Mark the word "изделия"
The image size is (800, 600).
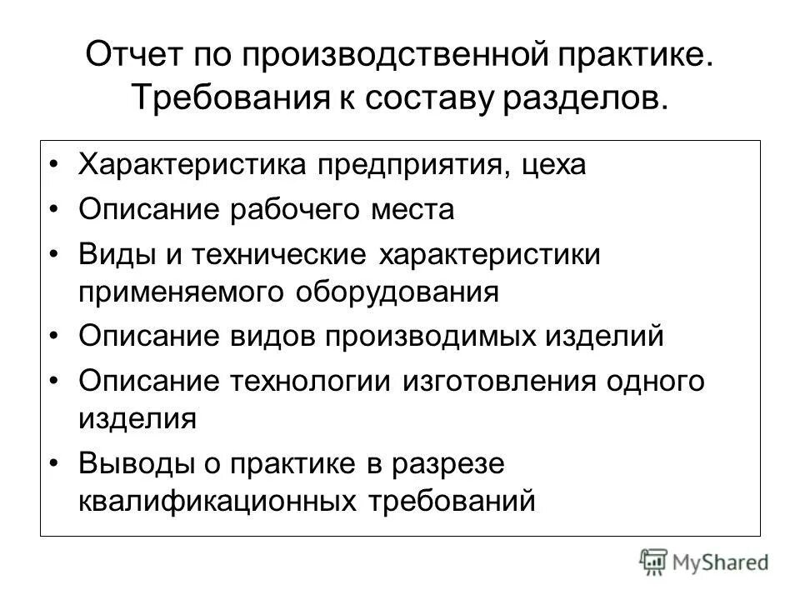pyautogui.click(x=138, y=418)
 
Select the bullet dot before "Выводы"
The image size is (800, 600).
pyautogui.click(x=56, y=464)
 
